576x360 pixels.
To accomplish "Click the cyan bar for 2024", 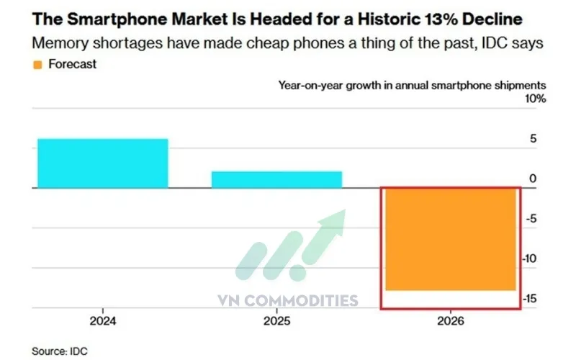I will pos(103,163).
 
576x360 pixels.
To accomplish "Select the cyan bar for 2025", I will pos(276,179).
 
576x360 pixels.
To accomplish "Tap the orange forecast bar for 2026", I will pos(450,239).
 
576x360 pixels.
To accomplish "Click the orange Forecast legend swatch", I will pos(37,64).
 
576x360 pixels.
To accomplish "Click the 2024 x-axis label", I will pos(103,321).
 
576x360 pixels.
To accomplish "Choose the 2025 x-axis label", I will pos(276,321).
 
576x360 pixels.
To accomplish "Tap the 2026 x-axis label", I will pos(450,321).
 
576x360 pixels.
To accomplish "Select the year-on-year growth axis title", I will pos(412,84).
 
